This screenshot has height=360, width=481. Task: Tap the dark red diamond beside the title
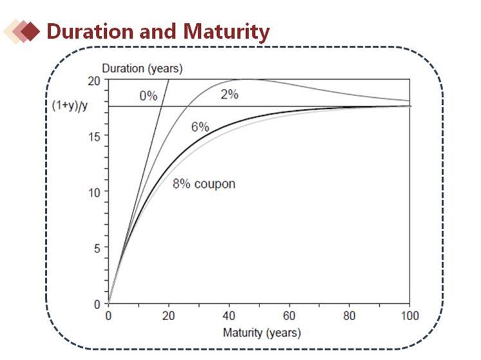pyautogui.click(x=30, y=31)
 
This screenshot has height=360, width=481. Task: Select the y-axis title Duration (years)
pyautogui.click(x=142, y=68)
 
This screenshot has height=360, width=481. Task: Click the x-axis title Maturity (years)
pyautogui.click(x=261, y=333)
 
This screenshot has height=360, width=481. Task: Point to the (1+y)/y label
pyautogui.click(x=70, y=105)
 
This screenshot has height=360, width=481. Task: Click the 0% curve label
pyautogui.click(x=148, y=96)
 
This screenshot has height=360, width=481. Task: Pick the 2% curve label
pyautogui.click(x=229, y=94)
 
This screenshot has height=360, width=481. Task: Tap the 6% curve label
pyautogui.click(x=200, y=127)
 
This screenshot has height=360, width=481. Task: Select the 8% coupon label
pyautogui.click(x=204, y=184)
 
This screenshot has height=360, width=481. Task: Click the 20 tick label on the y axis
pyautogui.click(x=94, y=81)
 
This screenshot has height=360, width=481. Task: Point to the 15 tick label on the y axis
pyautogui.click(x=94, y=137)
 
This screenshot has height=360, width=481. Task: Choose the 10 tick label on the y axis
pyautogui.click(x=94, y=193)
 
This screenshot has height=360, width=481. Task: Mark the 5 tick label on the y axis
pyautogui.click(x=97, y=249)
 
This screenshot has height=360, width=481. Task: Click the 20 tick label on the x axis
pyautogui.click(x=169, y=316)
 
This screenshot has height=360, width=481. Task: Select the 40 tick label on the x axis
pyautogui.click(x=229, y=316)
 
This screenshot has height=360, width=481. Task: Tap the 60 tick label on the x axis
pyautogui.click(x=289, y=316)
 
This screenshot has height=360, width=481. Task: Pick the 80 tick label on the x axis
pyautogui.click(x=349, y=316)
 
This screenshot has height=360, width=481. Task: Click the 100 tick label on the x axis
pyautogui.click(x=410, y=316)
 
